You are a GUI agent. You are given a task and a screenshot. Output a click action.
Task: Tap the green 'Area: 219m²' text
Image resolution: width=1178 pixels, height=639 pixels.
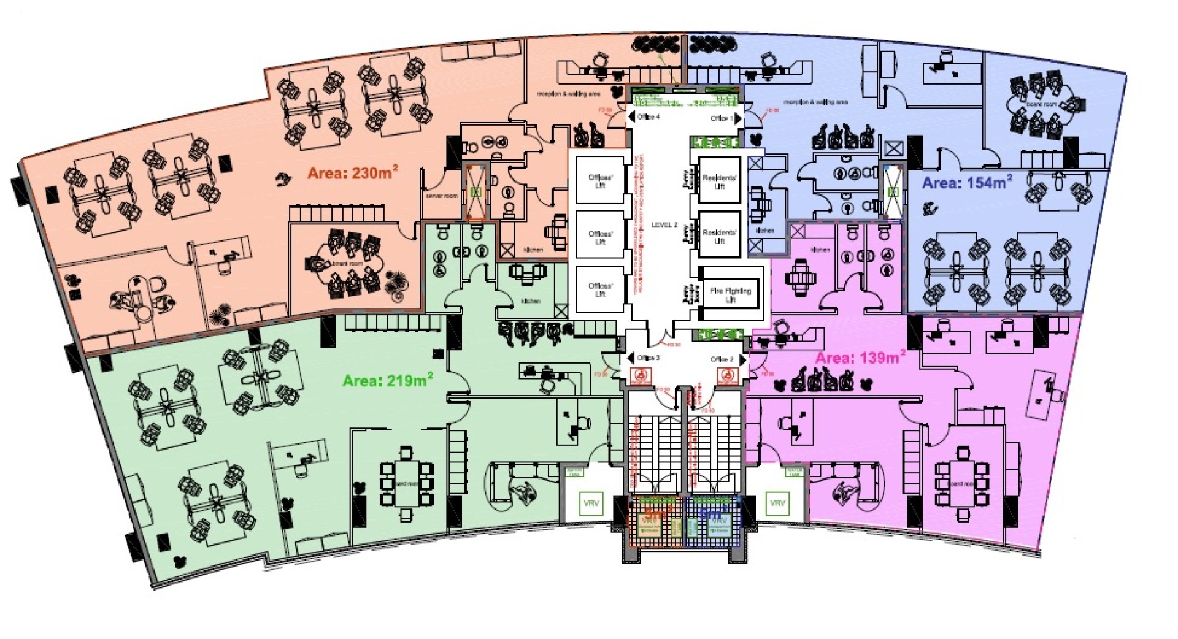387,381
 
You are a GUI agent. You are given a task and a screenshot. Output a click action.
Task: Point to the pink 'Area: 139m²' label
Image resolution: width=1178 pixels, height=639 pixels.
860,358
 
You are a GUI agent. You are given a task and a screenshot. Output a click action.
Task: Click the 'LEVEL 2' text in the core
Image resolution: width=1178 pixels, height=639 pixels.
664,225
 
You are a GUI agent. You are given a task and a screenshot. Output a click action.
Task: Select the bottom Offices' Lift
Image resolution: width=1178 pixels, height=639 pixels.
600,289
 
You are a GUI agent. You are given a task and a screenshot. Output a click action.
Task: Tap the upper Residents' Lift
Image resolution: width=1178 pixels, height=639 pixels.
719,182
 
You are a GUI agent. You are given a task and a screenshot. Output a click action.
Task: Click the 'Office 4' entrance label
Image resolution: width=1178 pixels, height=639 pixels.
648,117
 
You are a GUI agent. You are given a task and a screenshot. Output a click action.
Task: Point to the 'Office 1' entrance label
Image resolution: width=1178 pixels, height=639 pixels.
722,118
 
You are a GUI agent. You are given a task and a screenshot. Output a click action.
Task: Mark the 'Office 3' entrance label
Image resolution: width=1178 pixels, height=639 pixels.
649,358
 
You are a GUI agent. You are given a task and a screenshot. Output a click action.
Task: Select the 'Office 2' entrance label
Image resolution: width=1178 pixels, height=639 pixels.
722,359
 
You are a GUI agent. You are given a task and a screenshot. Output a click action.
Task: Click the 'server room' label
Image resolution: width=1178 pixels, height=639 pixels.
442,196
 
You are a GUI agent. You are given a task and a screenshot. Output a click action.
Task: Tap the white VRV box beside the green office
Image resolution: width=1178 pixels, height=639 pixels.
591,503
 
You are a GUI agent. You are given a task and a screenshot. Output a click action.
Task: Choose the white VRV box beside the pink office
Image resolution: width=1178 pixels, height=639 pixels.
777,503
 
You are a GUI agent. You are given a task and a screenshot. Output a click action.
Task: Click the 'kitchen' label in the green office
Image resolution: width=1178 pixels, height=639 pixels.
531,301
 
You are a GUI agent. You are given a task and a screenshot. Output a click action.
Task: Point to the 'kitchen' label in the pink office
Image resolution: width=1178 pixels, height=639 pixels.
820,250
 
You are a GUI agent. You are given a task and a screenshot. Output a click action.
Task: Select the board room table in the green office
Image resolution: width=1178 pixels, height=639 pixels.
406,483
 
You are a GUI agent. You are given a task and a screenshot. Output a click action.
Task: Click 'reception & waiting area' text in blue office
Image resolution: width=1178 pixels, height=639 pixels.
816,102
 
